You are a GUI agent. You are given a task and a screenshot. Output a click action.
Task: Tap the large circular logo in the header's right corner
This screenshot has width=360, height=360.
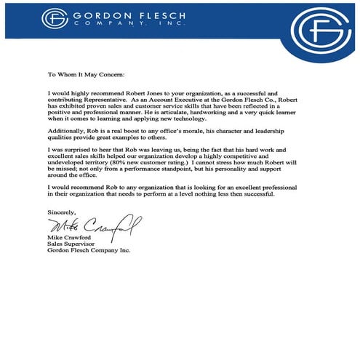[x=321, y=32]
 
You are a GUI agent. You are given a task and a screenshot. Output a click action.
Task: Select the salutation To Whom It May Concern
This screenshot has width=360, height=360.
[x=87, y=74]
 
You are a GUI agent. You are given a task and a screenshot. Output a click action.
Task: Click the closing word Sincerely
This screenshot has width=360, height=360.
[x=63, y=212]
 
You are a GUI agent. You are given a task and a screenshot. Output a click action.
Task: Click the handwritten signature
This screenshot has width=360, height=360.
[x=92, y=225]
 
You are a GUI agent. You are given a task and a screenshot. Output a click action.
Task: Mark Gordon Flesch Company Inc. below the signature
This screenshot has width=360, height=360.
[x=88, y=251]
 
